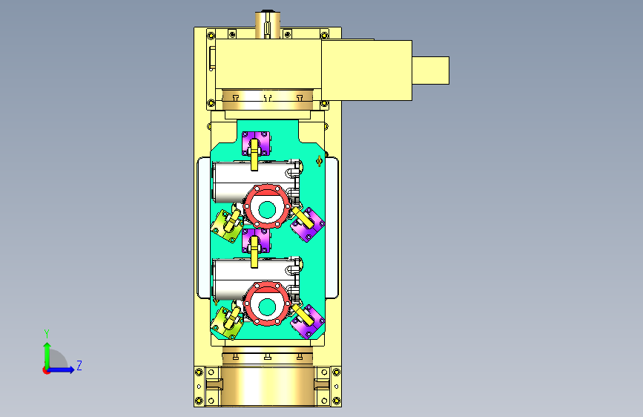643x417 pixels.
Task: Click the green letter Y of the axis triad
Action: [x=47, y=334]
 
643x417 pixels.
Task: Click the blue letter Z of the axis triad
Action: [x=79, y=365]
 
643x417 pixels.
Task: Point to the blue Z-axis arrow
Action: [x=61, y=370]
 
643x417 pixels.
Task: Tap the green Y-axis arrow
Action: [x=47, y=356]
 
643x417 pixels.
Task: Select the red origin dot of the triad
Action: [x=46, y=370]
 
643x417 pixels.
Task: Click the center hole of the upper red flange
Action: [x=267, y=210]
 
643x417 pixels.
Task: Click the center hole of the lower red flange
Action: [x=267, y=306]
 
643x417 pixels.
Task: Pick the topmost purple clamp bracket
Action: [x=256, y=143]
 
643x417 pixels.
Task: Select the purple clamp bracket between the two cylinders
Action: [x=256, y=240]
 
